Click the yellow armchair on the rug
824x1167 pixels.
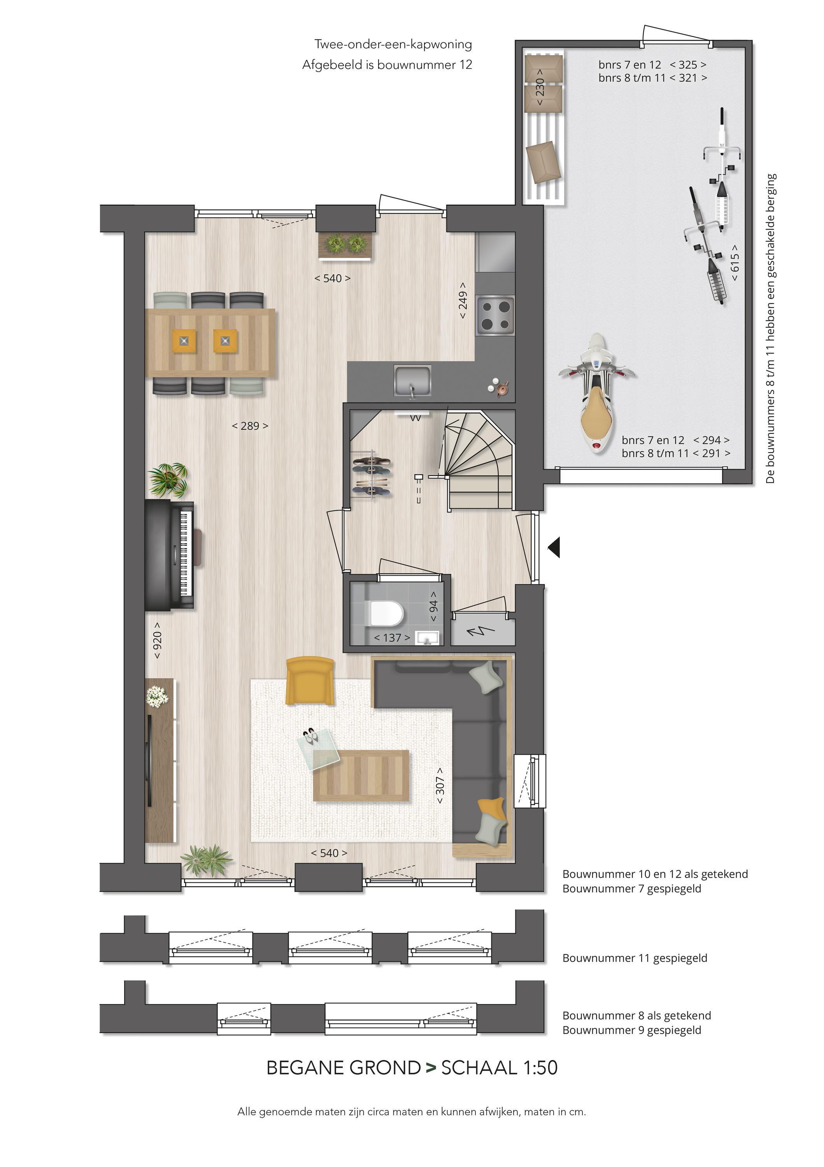[310, 681]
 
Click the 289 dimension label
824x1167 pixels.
[250, 426]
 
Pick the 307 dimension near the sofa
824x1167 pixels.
[440, 785]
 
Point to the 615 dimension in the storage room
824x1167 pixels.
[735, 263]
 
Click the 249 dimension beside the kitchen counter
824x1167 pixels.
[463, 301]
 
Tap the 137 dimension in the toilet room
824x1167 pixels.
[392, 638]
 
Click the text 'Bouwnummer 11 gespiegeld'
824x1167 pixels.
[635, 958]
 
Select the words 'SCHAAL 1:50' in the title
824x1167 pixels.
[499, 1067]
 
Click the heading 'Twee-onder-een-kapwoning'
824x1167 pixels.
[393, 44]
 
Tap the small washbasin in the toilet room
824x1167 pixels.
[427, 638]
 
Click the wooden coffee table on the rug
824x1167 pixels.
[361, 775]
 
